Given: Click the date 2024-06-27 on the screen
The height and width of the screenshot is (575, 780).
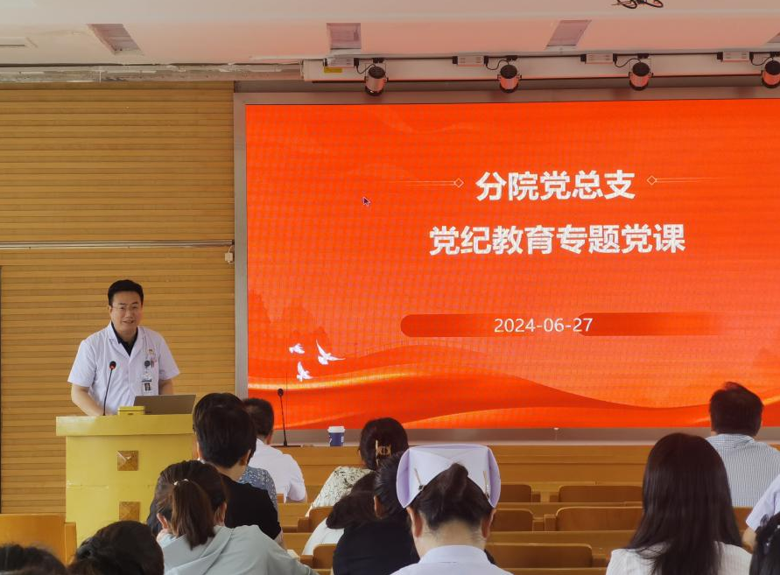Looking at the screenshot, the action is pos(543,326).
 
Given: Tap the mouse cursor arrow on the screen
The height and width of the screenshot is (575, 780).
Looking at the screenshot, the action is pos(366,201).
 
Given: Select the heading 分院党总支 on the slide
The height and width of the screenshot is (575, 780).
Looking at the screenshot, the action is pos(555,186).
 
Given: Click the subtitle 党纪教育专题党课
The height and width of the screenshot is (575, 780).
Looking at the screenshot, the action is pos(557,239).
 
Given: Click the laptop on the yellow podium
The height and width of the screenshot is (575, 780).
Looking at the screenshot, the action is pos(165,404).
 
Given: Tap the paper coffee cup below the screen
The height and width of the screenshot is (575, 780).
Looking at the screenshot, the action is pos(336,436).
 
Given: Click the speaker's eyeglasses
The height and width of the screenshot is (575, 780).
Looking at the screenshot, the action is pos(127,308).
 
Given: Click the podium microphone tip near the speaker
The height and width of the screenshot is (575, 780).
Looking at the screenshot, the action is pos(112,365).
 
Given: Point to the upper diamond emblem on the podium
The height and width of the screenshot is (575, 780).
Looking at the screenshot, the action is pos(127,460).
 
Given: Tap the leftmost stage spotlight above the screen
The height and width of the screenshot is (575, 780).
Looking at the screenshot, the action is pos(376,79).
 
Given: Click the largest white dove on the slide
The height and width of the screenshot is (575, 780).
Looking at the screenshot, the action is pos(327,354).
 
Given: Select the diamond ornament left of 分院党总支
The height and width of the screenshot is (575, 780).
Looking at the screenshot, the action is pos(459,183).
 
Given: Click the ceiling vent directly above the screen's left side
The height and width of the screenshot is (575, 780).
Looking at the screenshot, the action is pos(344,36).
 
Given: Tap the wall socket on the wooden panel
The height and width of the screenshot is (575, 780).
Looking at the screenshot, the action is pos(228,257).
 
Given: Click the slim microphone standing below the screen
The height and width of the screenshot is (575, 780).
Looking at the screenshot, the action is pos(283,417).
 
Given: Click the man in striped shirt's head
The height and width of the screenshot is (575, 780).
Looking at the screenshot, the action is pos(735,410).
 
